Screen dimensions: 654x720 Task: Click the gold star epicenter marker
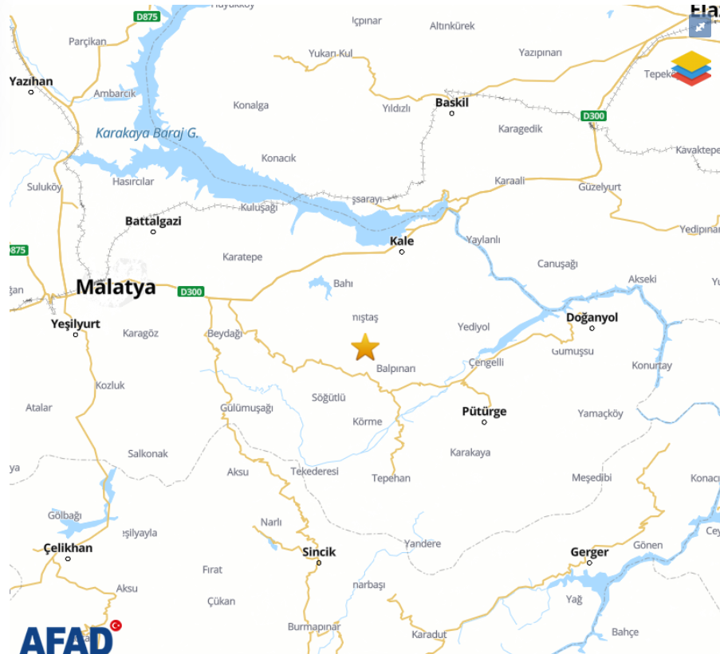(x=365, y=347)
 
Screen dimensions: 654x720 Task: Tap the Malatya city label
(x=116, y=288)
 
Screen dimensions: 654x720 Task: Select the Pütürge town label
(x=484, y=411)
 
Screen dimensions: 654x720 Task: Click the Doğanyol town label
(x=592, y=317)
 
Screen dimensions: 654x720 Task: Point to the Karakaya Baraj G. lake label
(x=147, y=133)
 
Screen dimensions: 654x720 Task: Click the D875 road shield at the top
(x=147, y=16)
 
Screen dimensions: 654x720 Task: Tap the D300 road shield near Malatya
(x=191, y=292)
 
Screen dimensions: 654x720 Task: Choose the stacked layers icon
(x=690, y=68)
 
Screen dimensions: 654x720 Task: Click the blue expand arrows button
(x=699, y=26)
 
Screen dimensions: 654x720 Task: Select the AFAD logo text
(x=66, y=639)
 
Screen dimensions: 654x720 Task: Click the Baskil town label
(x=451, y=102)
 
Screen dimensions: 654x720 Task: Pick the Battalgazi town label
(x=153, y=221)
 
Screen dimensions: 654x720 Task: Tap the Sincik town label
(x=319, y=551)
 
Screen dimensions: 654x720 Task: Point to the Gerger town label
(x=589, y=551)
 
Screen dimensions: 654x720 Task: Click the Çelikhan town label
(x=68, y=547)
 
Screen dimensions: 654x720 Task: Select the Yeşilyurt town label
(x=76, y=323)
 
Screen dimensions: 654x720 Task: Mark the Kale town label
(x=402, y=241)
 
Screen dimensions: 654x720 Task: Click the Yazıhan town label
(x=31, y=81)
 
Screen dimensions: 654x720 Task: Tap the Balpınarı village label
(x=396, y=368)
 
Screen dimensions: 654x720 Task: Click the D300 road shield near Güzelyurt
(x=593, y=116)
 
